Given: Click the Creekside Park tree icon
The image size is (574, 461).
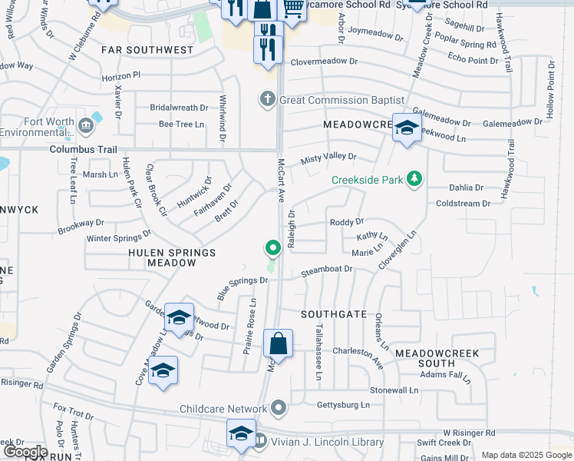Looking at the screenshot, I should [x=414, y=179].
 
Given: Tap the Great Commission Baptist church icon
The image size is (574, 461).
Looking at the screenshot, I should [x=267, y=99].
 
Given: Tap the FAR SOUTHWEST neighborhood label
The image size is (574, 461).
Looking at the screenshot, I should [x=147, y=50].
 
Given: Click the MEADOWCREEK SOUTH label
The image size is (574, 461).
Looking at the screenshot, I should [x=437, y=358].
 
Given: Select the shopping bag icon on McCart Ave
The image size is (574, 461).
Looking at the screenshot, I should [x=279, y=345].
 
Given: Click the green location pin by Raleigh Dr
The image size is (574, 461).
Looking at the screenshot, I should [x=272, y=248].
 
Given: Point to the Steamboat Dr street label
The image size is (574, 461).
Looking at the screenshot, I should [x=326, y=270].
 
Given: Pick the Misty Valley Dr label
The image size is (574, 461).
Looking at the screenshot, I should [x=329, y=158].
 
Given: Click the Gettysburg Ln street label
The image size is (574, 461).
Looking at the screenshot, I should [x=343, y=405].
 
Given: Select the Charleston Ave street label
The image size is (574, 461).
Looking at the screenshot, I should [x=358, y=351].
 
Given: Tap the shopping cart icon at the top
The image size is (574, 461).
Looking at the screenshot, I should [x=292, y=8].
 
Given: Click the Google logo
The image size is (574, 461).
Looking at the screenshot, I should [x=25, y=452].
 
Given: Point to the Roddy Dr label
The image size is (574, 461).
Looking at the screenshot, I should [x=347, y=222].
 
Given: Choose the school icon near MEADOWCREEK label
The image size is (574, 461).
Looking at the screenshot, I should [x=407, y=128].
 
